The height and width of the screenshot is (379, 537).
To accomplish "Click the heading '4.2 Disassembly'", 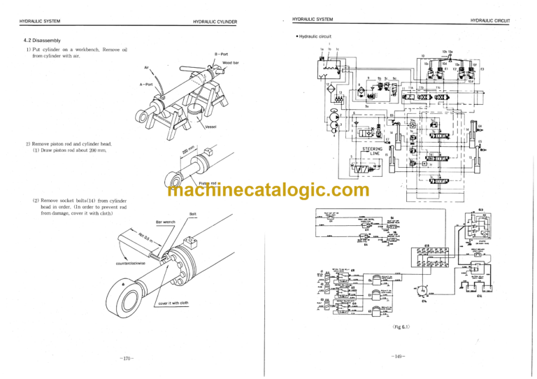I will pos(43,40).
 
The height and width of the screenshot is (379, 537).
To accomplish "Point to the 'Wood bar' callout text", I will pos(231,63).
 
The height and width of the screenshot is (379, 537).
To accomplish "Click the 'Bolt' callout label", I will pos(193,214).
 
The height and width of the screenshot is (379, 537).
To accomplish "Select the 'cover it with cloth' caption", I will pos(173,303).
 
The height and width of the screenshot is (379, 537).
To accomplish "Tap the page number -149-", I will pos(399,357).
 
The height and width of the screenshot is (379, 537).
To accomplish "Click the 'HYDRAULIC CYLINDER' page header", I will pos(215,22).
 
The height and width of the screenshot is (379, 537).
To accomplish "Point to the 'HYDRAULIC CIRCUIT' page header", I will pos(494,21).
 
